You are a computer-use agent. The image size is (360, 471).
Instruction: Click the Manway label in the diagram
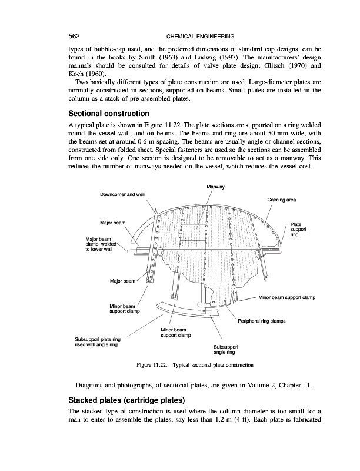coord(216,187)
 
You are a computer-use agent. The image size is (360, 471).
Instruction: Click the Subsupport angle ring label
coord(224,350)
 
